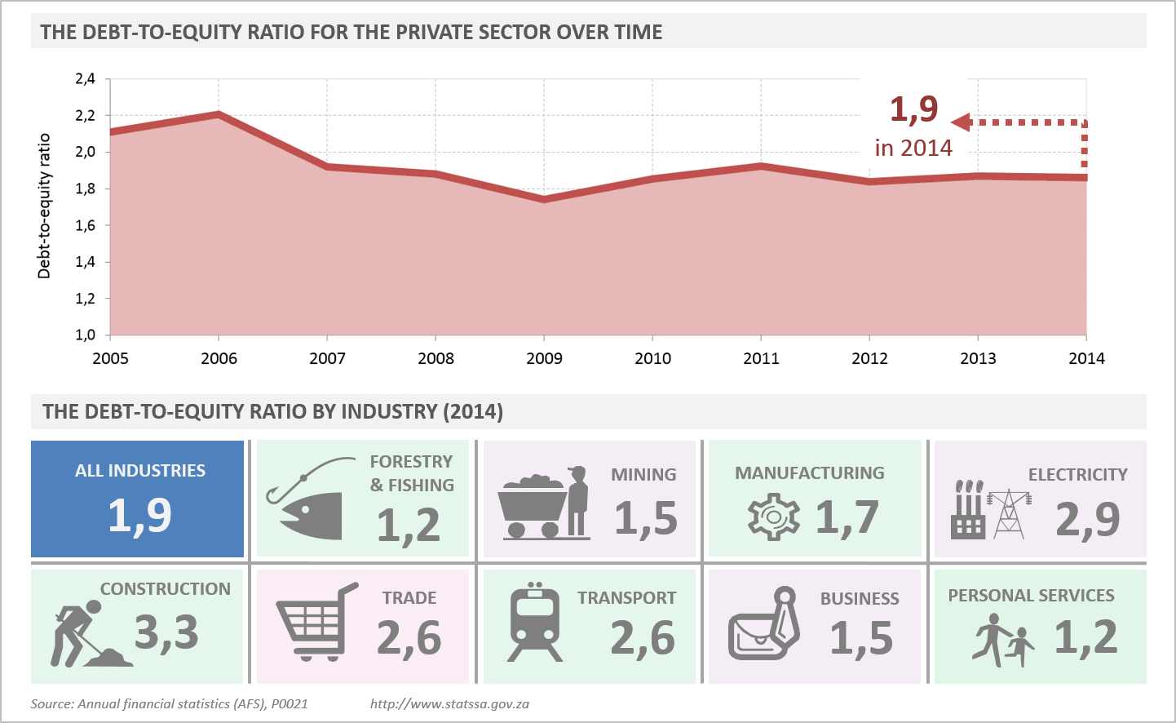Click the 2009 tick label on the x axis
[544, 358]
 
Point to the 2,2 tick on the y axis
[86, 115]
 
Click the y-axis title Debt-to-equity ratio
[44, 206]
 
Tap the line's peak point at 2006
[219, 113]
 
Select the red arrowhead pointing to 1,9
[961, 122]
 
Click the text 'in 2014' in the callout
[913, 148]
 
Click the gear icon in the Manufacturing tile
[773, 517]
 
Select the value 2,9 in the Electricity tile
[1088, 519]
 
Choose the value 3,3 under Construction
[166, 632]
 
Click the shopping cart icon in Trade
[316, 621]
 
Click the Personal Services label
[1031, 596]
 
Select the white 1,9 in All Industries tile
[139, 516]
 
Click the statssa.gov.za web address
[449, 703]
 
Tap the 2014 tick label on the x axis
[1086, 358]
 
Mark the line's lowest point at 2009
[544, 198]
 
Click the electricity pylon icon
[1010, 514]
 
